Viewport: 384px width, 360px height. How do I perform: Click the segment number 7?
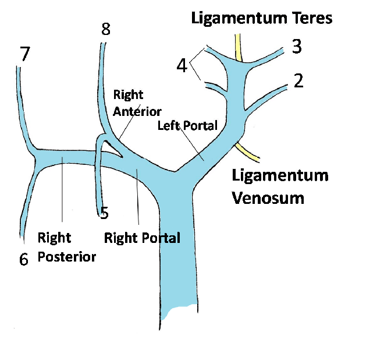[x=24, y=54]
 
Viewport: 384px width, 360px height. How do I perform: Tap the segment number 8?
[x=105, y=29]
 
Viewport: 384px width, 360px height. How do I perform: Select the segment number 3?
[x=297, y=47]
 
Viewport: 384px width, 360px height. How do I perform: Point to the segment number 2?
[x=298, y=80]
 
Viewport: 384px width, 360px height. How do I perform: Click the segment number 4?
[x=182, y=66]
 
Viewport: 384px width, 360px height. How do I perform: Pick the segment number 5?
[x=104, y=213]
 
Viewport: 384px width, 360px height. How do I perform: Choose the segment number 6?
[x=24, y=259]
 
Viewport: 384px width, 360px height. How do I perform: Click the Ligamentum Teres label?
[x=262, y=19]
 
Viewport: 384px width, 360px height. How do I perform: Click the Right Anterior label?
[x=137, y=103]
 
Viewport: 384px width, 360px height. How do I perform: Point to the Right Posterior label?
[x=66, y=247]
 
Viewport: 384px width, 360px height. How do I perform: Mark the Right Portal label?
[x=142, y=238]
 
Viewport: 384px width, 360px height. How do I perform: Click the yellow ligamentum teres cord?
[x=239, y=48]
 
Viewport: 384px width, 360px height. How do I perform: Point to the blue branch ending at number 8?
[x=100, y=87]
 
